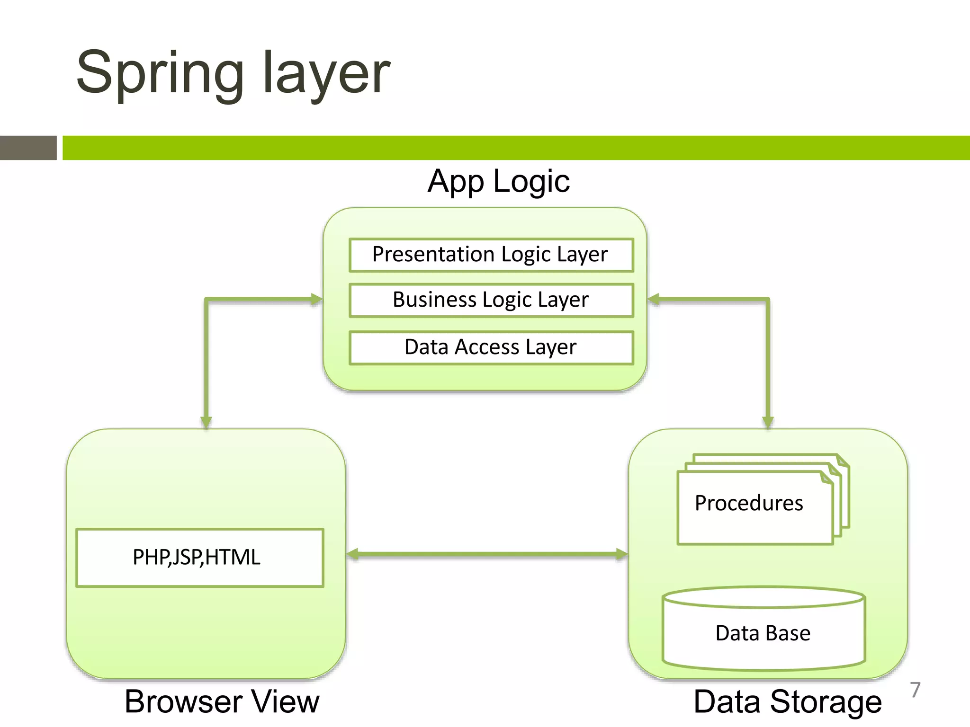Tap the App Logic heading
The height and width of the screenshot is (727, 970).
point(498,181)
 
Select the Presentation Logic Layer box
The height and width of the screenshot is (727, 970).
point(491,255)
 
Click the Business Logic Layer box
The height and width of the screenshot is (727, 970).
point(491,300)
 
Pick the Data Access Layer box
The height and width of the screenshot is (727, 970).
point(491,347)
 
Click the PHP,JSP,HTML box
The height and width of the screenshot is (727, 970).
point(199,558)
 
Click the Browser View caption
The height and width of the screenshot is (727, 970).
point(222,701)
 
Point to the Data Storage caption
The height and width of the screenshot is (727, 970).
point(787,701)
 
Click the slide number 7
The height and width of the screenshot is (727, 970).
point(915,690)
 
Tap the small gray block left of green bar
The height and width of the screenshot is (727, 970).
point(28,148)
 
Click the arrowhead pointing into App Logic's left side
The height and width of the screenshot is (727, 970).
point(316,299)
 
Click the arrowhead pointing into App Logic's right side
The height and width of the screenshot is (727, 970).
point(654,299)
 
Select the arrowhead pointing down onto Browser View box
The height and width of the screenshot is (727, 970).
point(206,422)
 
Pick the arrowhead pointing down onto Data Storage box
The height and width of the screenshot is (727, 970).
point(768,422)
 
